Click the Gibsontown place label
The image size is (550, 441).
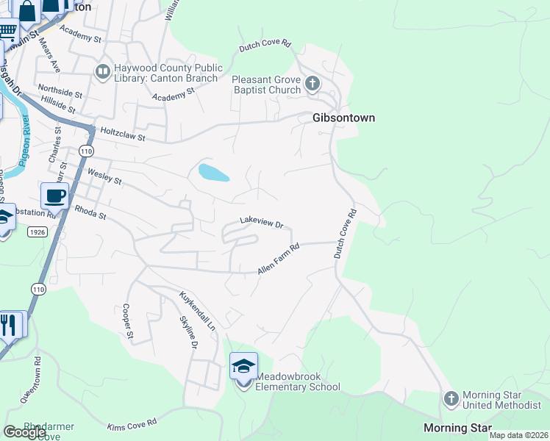344,118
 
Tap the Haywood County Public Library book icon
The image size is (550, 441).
102,71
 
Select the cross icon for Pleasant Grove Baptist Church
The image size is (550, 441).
312,83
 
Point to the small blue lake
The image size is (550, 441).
213,173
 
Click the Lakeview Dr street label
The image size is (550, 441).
261,221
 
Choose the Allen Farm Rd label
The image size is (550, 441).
278,260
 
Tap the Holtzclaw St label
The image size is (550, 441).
123,136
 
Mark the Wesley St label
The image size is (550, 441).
104,176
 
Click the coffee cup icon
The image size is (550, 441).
54,196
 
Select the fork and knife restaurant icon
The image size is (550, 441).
9,324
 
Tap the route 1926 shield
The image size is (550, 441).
38,232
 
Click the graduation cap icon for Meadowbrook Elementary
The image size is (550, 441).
244,365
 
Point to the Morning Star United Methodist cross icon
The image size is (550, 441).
451,398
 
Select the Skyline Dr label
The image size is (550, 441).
189,333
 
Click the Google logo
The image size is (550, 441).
25,432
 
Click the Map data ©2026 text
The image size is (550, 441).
518,435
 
